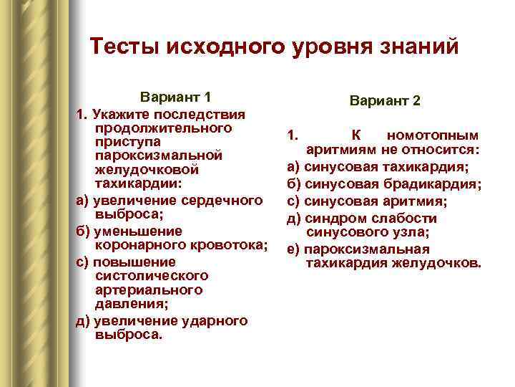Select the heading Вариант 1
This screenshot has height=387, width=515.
[x=175, y=97]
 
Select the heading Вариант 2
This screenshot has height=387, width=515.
[x=386, y=101]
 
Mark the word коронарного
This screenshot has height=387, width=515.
[x=143, y=245]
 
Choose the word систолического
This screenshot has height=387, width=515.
[x=151, y=275]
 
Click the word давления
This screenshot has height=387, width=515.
[x=129, y=304]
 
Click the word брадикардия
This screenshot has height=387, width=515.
[x=430, y=184]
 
